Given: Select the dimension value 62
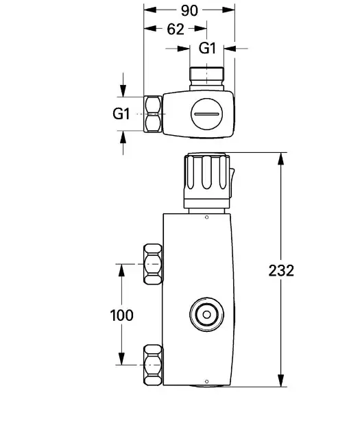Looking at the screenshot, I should point(176,29).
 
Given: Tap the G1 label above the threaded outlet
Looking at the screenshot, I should point(208,48).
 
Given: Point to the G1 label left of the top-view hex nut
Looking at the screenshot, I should point(121,114).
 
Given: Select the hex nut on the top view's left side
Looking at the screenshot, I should point(153,113).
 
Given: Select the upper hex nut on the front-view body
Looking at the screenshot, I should point(152,263).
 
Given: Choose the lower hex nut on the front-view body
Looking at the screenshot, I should point(152,365).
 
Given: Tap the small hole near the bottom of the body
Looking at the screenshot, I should point(206,381).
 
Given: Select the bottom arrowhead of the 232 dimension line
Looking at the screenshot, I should point(280,383).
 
